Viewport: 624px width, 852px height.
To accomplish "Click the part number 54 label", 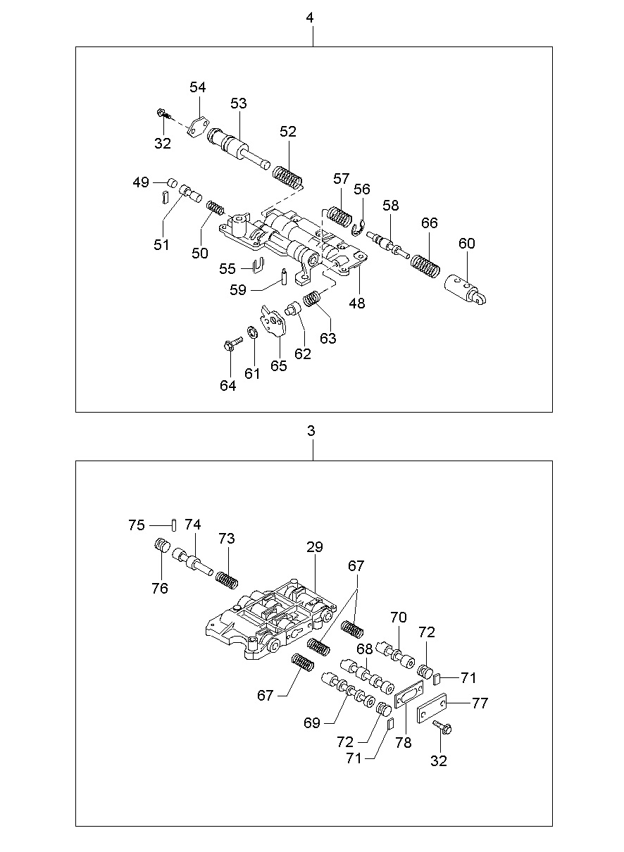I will tap(198, 87).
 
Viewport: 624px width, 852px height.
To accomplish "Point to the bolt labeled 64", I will tap(230, 343).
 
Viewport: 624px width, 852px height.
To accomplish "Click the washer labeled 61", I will tap(251, 332).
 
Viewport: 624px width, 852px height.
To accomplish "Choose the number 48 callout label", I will tap(357, 303).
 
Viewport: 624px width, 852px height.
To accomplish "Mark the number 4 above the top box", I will tap(311, 18).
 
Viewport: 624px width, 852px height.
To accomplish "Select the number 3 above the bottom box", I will tap(311, 431).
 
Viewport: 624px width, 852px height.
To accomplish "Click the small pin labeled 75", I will tap(173, 524).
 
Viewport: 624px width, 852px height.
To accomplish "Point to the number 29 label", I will tap(314, 547).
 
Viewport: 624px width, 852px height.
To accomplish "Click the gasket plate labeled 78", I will tap(408, 697).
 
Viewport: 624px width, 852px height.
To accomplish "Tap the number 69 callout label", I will tap(312, 722).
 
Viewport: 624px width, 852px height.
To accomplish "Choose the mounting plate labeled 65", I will tap(273, 322).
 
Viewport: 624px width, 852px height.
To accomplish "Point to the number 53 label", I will tap(239, 103).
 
